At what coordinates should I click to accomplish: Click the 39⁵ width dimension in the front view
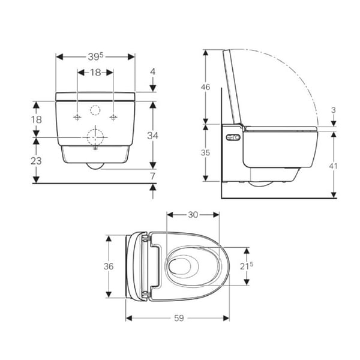coord(95,56)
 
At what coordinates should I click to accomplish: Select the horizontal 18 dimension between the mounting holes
coord(95,73)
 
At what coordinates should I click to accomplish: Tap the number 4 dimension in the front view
coord(152,71)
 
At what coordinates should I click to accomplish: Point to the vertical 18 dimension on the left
coord(37,120)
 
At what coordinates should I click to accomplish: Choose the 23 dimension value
coord(37,161)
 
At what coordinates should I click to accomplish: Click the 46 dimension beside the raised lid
coord(205,87)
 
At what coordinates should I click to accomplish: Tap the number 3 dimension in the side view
coord(333,110)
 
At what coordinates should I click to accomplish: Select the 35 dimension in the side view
coord(205,152)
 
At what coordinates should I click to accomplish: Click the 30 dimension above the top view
coord(192,214)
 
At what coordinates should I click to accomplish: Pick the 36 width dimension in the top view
coord(109,266)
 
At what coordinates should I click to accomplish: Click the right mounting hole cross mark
coord(112,116)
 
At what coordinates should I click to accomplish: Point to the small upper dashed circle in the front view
coord(95,110)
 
